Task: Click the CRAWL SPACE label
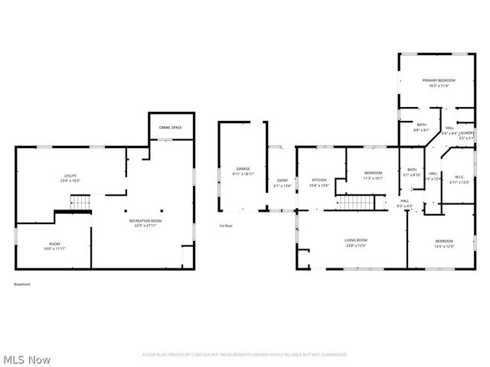pyautogui.click(x=170, y=128)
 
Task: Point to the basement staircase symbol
pyautogui.click(x=80, y=203)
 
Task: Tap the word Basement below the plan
pyautogui.click(x=22, y=284)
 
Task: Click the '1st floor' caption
pyautogui.click(x=226, y=226)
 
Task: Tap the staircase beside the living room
pyautogui.click(x=355, y=203)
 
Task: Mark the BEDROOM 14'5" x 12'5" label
pyautogui.click(x=444, y=244)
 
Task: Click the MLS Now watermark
pyautogui.click(x=27, y=359)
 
